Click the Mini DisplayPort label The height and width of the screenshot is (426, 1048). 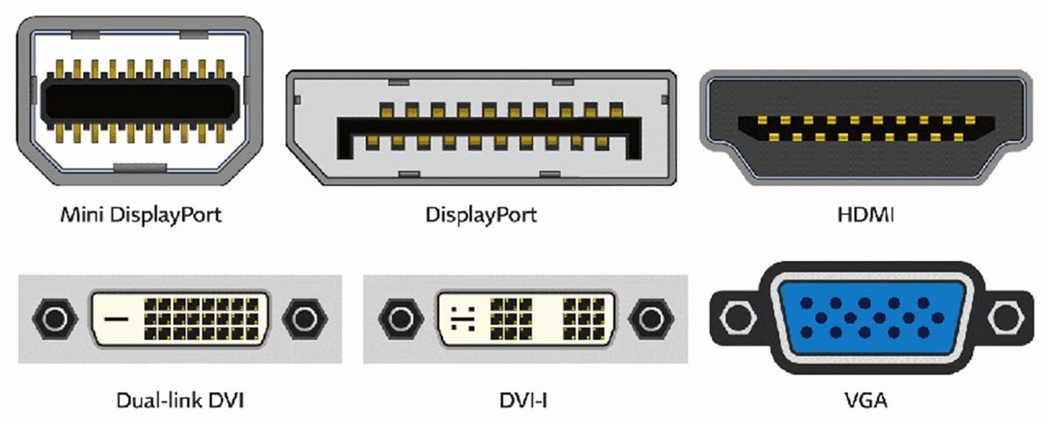pyautogui.click(x=140, y=214)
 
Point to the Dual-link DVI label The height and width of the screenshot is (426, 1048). pyautogui.click(x=180, y=402)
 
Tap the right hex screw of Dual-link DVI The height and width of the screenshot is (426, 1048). pyautogui.click(x=305, y=318)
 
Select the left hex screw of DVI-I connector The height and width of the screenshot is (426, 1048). pyautogui.click(x=401, y=318)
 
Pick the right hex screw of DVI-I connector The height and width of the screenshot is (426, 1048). pyautogui.click(x=646, y=318)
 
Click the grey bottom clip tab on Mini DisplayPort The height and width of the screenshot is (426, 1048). pyautogui.click(x=140, y=167)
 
